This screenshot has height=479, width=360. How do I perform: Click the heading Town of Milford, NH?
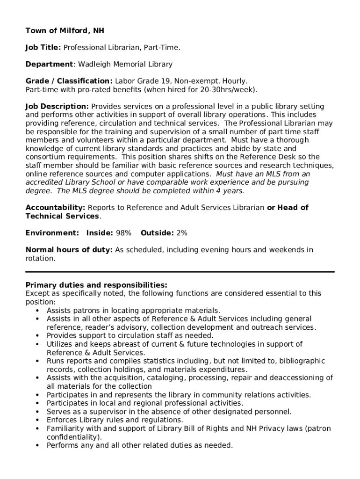click(x=65, y=31)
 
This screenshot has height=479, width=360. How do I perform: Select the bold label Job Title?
click(x=43, y=48)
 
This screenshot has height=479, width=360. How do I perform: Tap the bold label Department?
click(x=50, y=65)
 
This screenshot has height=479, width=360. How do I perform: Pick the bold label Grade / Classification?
click(x=69, y=81)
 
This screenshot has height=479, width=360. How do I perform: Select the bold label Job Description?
click(x=57, y=107)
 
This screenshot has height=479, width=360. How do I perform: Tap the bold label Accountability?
click(x=55, y=208)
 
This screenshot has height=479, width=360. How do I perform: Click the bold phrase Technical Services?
click(x=62, y=216)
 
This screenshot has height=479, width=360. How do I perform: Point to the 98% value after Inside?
click(x=123, y=233)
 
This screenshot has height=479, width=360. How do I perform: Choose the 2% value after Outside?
click(x=182, y=233)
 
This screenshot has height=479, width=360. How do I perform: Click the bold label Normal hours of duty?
click(x=69, y=250)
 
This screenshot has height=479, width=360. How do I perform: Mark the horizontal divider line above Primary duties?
click(x=180, y=272)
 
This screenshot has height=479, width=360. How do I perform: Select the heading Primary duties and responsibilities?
click(x=96, y=285)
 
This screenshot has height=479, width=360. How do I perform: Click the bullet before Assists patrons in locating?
click(x=37, y=311)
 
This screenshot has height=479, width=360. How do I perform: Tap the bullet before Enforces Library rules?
click(x=37, y=420)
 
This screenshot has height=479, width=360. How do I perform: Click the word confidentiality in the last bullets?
click(x=73, y=437)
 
